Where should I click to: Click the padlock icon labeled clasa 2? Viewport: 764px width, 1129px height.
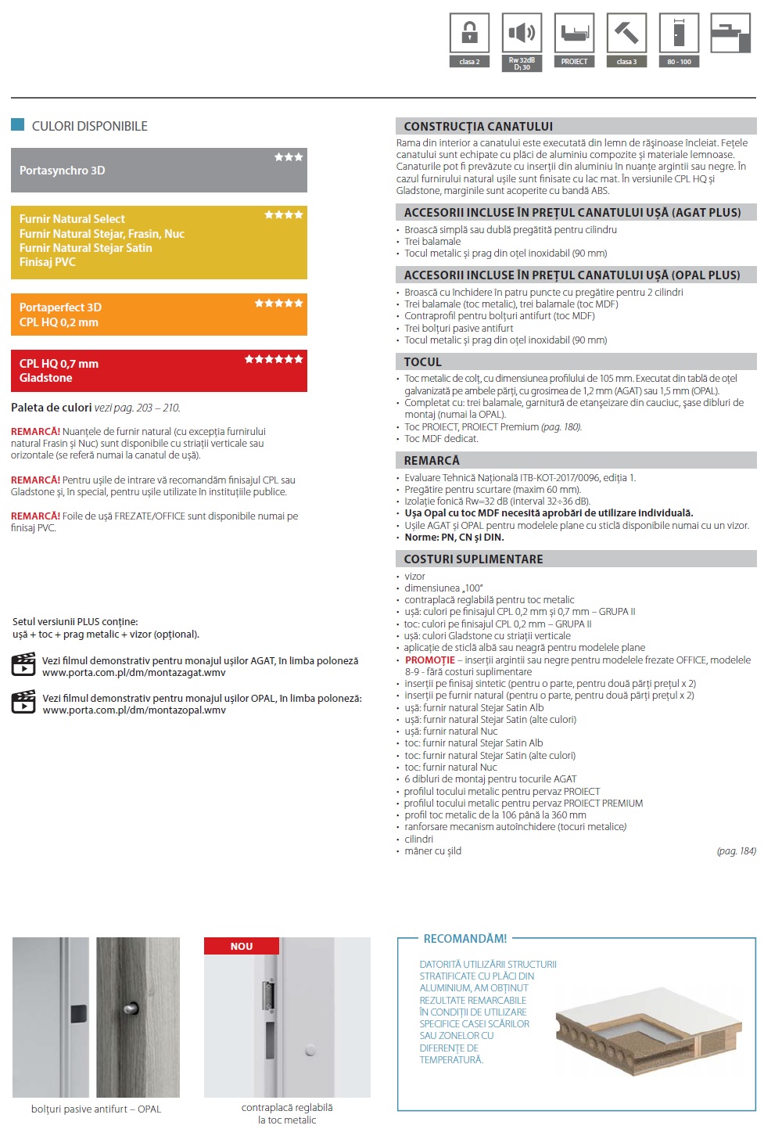pyautogui.click(x=469, y=33)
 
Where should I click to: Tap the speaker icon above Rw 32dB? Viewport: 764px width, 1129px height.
pyautogui.click(x=522, y=33)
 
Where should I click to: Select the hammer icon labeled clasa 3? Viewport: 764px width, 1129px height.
pyautogui.click(x=626, y=33)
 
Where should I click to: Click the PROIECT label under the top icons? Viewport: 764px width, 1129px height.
pyautogui.click(x=574, y=62)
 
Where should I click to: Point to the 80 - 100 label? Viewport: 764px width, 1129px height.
pyautogui.click(x=679, y=62)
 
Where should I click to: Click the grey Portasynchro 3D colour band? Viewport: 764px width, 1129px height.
pyautogui.click(x=159, y=171)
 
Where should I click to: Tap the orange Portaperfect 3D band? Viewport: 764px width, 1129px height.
pyautogui.click(x=159, y=315)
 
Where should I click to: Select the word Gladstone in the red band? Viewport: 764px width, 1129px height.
pyautogui.click(x=46, y=378)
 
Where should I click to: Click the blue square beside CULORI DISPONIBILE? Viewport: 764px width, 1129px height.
pyautogui.click(x=18, y=124)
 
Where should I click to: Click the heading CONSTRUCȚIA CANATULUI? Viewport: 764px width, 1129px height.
pyautogui.click(x=479, y=127)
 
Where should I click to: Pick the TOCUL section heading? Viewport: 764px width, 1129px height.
pyautogui.click(x=423, y=362)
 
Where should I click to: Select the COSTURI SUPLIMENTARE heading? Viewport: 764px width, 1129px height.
pyautogui.click(x=473, y=559)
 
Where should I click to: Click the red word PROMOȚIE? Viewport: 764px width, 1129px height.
pyautogui.click(x=430, y=660)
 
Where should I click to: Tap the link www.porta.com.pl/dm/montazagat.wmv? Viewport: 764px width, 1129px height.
pyautogui.click(x=134, y=673)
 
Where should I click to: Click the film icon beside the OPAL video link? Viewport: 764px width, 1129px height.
pyautogui.click(x=23, y=702)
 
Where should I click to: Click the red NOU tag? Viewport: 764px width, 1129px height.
pyautogui.click(x=241, y=947)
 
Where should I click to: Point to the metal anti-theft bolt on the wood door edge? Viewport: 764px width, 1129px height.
pyautogui.click(x=130, y=1009)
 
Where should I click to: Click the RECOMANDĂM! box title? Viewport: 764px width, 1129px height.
pyautogui.click(x=464, y=939)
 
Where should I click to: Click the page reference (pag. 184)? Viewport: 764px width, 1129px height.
pyautogui.click(x=736, y=851)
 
